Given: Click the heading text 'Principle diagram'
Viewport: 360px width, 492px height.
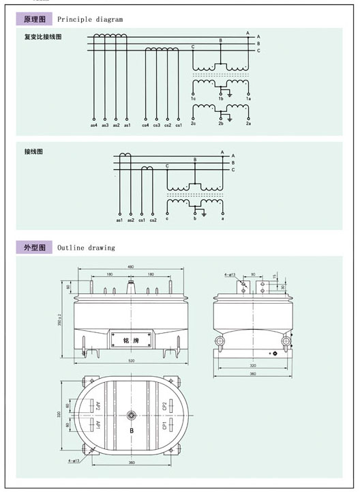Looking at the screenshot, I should click(x=90, y=20).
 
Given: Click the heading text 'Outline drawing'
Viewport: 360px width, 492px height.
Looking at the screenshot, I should click(x=86, y=248).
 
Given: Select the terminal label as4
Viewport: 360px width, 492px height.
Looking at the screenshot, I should click(x=94, y=125).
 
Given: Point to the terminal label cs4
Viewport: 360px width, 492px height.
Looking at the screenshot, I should click(x=145, y=125).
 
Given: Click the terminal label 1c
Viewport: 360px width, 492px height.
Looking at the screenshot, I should click(x=194, y=100).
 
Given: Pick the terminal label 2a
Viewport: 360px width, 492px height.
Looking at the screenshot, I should click(x=248, y=124).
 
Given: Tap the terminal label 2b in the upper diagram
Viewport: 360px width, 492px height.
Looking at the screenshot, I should click(x=220, y=124).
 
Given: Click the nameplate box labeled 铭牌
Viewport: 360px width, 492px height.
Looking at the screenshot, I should click(x=130, y=338).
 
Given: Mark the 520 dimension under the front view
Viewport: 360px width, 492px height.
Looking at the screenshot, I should click(x=130, y=360).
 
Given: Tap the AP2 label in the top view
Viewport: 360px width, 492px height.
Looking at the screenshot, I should click(x=98, y=407).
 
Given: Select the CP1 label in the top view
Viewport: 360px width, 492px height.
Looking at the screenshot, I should click(x=164, y=425).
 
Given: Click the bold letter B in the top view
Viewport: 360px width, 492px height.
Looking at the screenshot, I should click(x=130, y=432).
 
